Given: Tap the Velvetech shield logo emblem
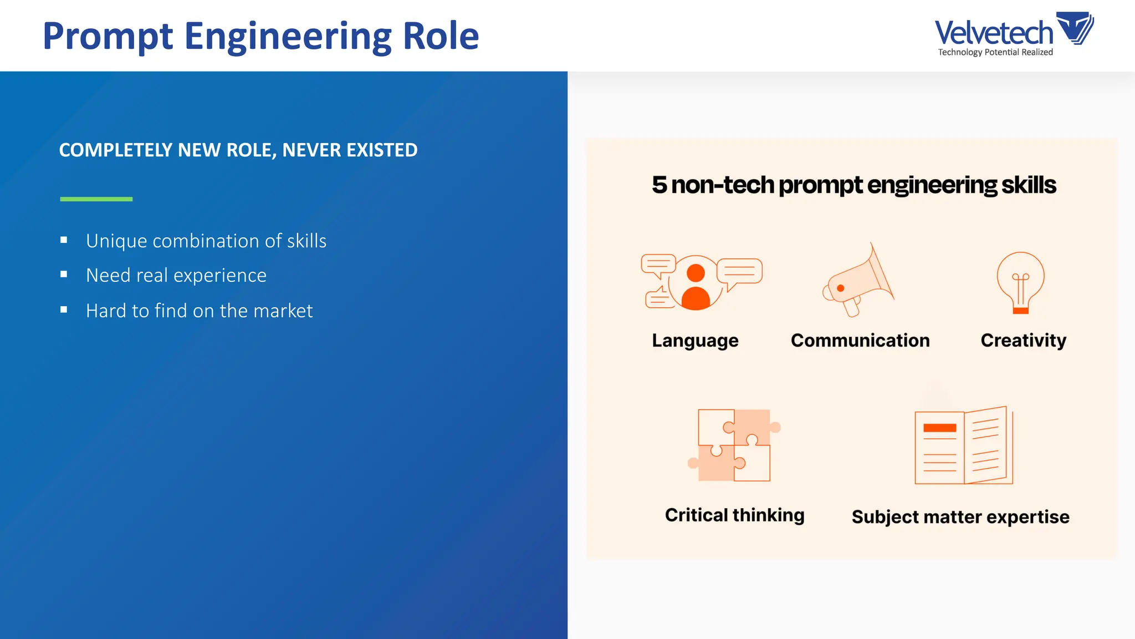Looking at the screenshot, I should coord(1075,28).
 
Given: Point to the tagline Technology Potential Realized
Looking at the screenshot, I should coord(995,52).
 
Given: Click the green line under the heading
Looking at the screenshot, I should coord(96,199).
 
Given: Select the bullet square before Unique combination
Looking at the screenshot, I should coord(64,240).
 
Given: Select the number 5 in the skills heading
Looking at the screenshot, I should coord(659,185).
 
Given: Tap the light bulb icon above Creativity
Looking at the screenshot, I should coord(1020,282).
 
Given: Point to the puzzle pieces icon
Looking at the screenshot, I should coord(734,445).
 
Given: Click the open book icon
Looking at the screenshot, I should coord(963,446).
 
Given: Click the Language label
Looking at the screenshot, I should coord(695,340).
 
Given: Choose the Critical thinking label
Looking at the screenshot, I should coord(734,515).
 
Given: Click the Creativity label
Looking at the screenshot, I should coord(1023,340).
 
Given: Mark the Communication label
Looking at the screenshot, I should coord(860,340).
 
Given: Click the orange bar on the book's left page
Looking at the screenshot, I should coord(939,428).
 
